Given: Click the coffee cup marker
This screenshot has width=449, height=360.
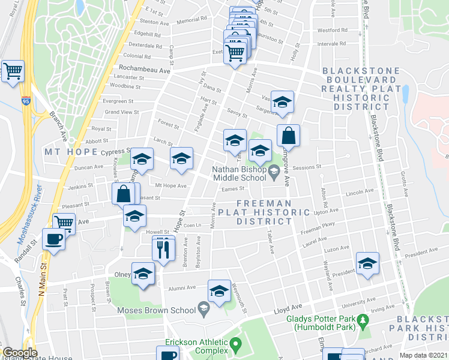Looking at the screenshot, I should tap(54, 240).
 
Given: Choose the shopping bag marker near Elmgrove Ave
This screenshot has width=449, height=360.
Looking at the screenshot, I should tap(289, 136).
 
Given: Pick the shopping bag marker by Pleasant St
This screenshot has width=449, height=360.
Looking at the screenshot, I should tap(124, 194).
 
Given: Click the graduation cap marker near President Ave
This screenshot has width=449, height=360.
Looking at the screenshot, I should tap(367, 263).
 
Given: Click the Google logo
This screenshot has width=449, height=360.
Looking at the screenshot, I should tap(20, 353).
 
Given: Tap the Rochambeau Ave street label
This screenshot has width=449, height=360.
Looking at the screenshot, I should tap(145, 70).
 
